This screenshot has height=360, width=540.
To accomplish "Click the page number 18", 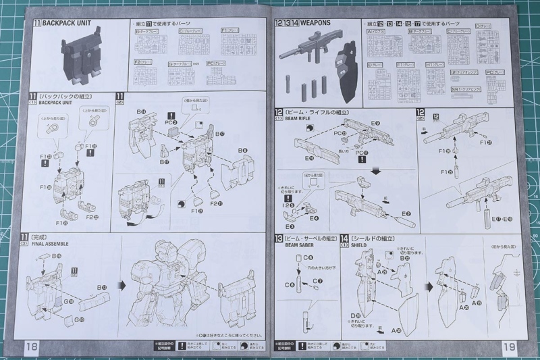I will click(x=32, y=345).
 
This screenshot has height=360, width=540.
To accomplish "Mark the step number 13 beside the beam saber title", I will click(x=279, y=239).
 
